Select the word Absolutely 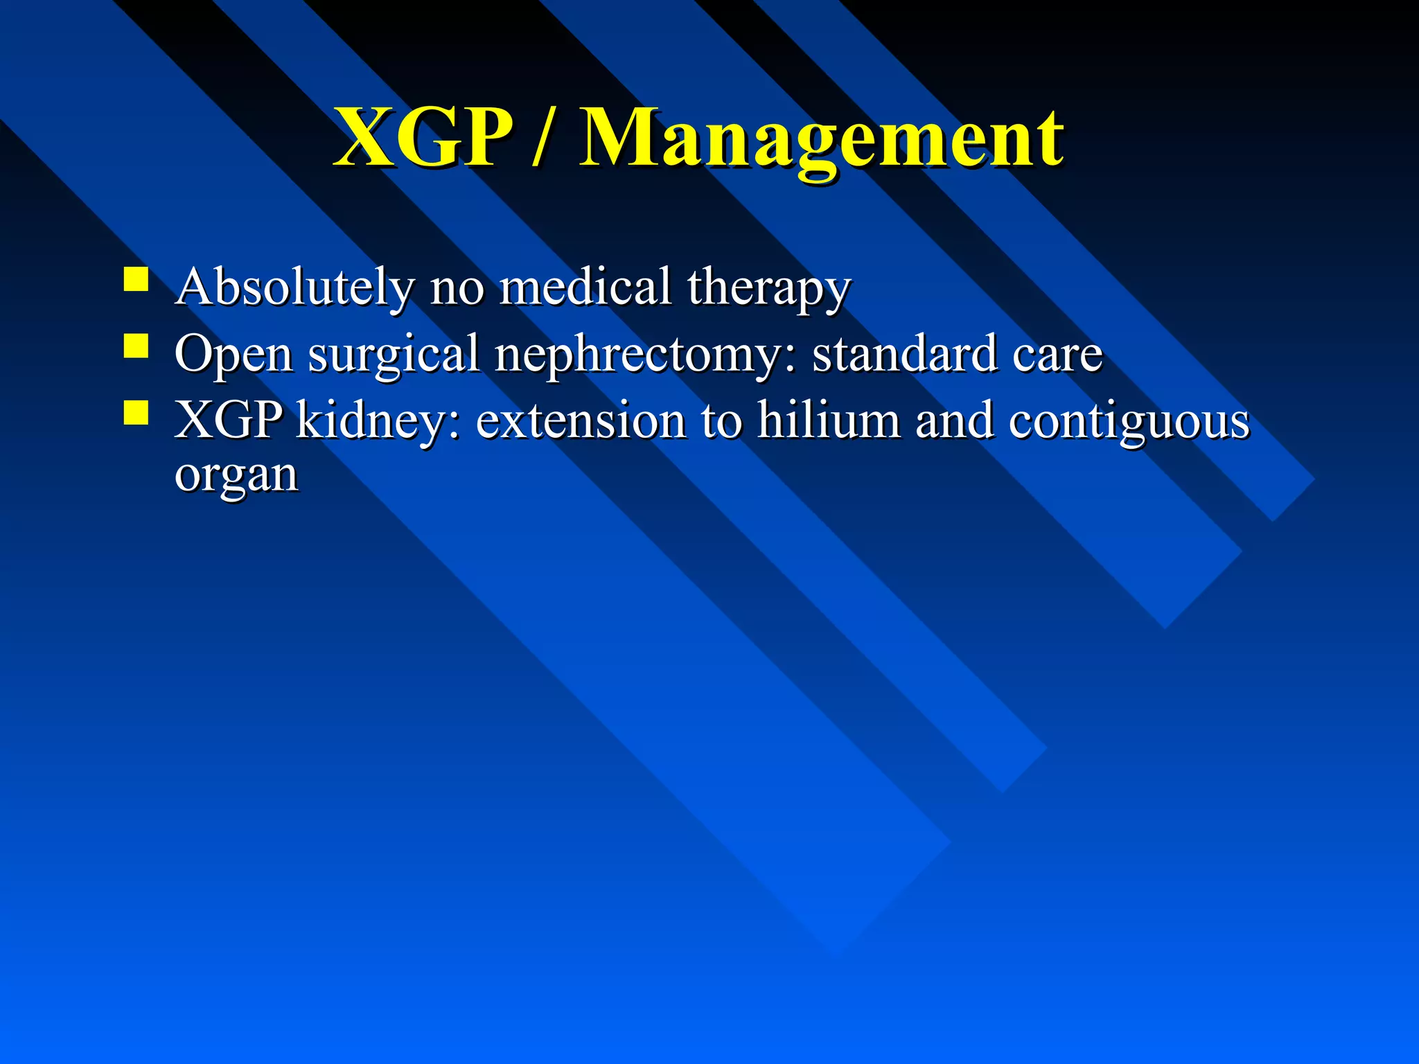tap(294, 287)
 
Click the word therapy tap(768, 288)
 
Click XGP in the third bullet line tap(228, 420)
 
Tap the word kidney tap(377, 421)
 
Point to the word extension tap(580, 420)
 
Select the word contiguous tap(1129, 421)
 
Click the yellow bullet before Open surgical tap(136, 346)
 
